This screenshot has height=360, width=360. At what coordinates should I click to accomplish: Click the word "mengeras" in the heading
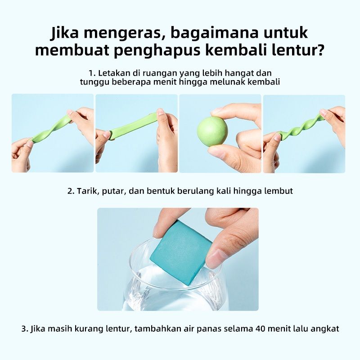coord(121,33)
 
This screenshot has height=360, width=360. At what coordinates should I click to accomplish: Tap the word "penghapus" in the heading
coord(157,51)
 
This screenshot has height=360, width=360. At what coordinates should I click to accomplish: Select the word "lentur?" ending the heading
coord(298,50)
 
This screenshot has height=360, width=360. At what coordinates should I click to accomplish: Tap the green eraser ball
coord(212,131)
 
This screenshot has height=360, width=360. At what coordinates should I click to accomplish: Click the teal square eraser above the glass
coord(181,252)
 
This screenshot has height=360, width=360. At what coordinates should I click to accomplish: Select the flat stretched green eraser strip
coord(133,126)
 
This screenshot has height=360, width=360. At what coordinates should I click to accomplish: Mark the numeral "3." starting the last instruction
coord(25,328)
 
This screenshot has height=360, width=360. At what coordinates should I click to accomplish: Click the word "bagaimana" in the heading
coord(215,33)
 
